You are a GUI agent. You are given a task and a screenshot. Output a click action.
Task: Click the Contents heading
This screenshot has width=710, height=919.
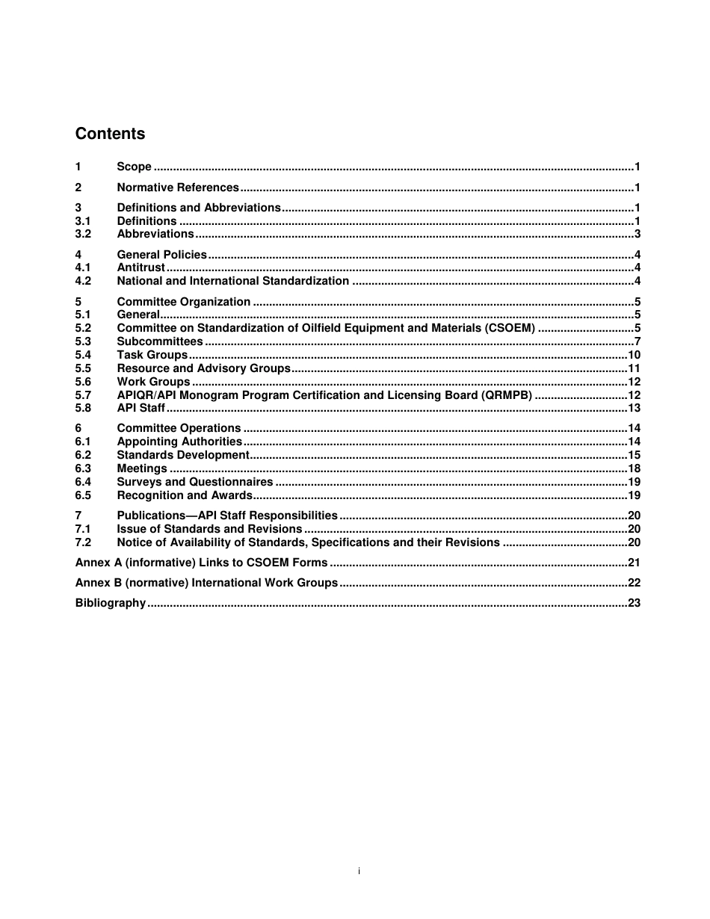click(x=110, y=134)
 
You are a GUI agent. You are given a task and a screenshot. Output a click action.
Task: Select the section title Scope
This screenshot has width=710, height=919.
click(x=134, y=167)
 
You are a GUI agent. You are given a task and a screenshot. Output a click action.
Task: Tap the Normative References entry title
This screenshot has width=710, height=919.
click(x=178, y=188)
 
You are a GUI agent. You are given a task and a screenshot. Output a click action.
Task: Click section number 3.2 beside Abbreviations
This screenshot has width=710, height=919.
click(x=83, y=234)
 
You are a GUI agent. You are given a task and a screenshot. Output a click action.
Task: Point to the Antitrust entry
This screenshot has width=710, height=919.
click(x=141, y=267)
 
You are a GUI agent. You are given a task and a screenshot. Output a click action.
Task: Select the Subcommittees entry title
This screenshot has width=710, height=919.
click(x=160, y=341)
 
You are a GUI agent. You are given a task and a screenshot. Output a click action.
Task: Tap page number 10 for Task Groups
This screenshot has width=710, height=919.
click(x=634, y=355)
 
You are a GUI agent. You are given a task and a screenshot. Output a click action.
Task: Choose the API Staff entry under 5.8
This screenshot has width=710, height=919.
click(x=141, y=408)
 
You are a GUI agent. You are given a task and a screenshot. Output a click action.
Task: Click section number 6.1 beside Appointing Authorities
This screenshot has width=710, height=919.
click(x=83, y=442)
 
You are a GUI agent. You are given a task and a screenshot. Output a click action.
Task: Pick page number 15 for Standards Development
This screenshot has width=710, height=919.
click(x=634, y=455)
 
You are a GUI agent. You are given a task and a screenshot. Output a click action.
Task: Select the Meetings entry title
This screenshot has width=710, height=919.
click(x=142, y=468)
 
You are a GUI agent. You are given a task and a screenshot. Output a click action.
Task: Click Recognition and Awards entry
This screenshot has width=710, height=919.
click(x=185, y=495)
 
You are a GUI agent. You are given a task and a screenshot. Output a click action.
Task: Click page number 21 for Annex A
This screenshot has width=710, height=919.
click(x=634, y=563)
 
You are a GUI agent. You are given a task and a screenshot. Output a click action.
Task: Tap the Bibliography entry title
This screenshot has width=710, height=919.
click(x=111, y=603)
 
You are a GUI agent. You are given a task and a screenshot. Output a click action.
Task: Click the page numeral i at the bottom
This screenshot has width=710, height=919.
click(x=359, y=871)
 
